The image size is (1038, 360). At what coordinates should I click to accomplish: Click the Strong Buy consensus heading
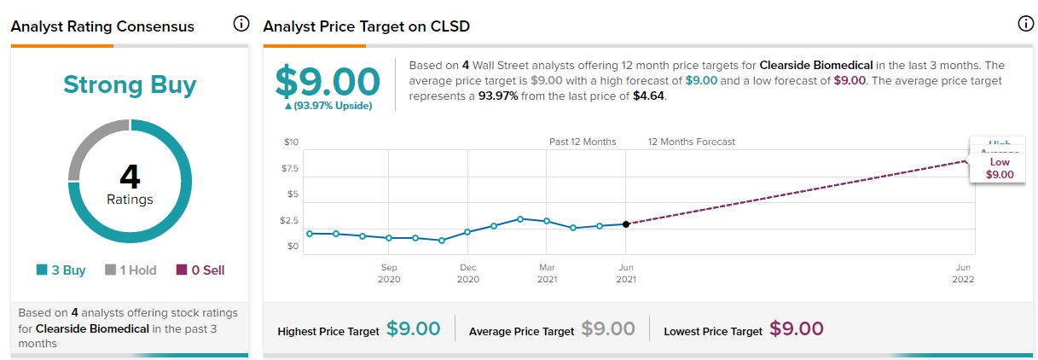[130, 84]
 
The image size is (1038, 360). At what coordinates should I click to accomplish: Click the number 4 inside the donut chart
[130, 177]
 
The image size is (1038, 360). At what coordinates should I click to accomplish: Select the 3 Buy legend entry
[61, 270]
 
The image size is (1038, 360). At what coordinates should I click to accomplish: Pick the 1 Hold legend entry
[130, 270]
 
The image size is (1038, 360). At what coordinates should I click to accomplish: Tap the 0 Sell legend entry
[200, 270]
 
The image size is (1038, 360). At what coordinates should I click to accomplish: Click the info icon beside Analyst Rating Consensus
[241, 24]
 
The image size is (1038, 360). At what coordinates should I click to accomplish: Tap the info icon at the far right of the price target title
[1026, 24]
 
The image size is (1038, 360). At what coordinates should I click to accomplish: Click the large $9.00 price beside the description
[328, 81]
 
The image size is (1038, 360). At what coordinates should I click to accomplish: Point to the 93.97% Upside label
[328, 106]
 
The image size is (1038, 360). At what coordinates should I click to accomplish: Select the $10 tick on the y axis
[292, 142]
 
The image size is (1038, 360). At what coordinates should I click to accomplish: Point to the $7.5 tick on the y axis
[291, 168]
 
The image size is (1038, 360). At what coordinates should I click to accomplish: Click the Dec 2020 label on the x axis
[467, 273]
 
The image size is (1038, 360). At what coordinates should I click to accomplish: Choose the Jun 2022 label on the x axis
[964, 273]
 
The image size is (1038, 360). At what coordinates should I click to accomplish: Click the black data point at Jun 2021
[626, 224]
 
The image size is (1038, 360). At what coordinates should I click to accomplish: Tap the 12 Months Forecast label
[691, 142]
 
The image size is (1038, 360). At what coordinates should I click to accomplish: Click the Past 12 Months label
[583, 142]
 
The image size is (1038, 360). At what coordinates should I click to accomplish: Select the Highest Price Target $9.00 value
[413, 329]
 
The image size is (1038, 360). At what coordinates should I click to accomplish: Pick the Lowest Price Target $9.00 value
[796, 329]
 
